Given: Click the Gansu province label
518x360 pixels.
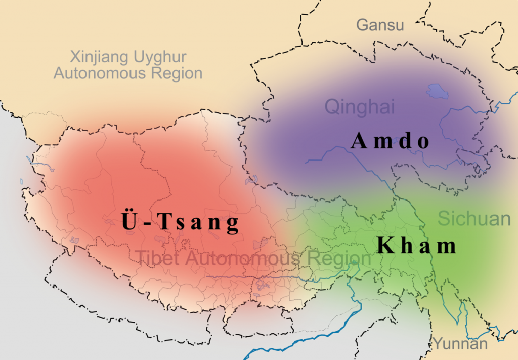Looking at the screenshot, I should click(x=380, y=25).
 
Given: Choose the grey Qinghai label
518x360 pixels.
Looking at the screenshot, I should click(x=359, y=107).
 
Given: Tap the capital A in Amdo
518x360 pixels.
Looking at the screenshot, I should click(x=358, y=141).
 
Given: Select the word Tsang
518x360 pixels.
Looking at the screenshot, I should click(x=197, y=223).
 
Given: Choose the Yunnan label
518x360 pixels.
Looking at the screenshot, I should click(x=460, y=344).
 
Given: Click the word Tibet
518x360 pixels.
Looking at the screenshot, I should click(x=158, y=259).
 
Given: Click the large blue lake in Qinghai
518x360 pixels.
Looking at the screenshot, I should click(x=437, y=91).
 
